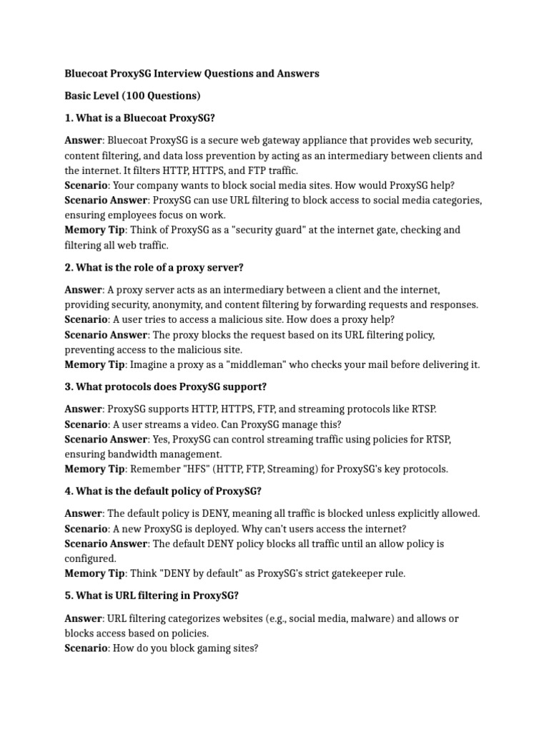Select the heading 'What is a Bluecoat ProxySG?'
coord(139,117)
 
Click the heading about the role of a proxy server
coord(154,267)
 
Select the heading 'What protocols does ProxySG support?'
coord(165,387)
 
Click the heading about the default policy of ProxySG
coord(164,491)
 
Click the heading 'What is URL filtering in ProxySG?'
coord(151,596)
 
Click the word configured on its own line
coord(90,558)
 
